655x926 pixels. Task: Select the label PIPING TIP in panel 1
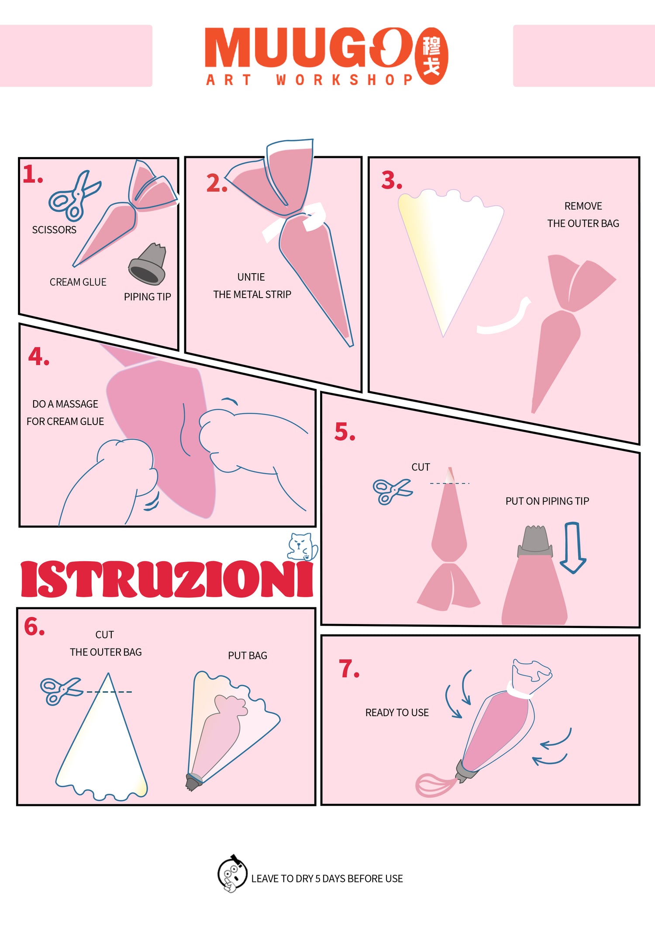(x=147, y=297)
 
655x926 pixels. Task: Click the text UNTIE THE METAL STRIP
(x=252, y=286)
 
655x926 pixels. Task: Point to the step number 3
(x=391, y=181)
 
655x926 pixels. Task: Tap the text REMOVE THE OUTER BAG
(x=583, y=215)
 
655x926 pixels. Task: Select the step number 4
(x=38, y=356)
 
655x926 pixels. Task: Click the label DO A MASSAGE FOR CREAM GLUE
(x=65, y=412)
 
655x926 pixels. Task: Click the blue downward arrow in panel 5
(x=572, y=548)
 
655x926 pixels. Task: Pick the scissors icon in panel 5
(x=392, y=491)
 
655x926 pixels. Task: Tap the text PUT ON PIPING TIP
(x=547, y=501)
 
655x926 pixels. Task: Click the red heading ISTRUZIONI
(x=167, y=579)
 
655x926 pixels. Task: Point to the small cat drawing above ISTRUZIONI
(x=302, y=546)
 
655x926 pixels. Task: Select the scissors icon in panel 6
(x=61, y=691)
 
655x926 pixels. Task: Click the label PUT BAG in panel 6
(x=248, y=655)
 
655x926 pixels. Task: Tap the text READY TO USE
(x=397, y=713)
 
